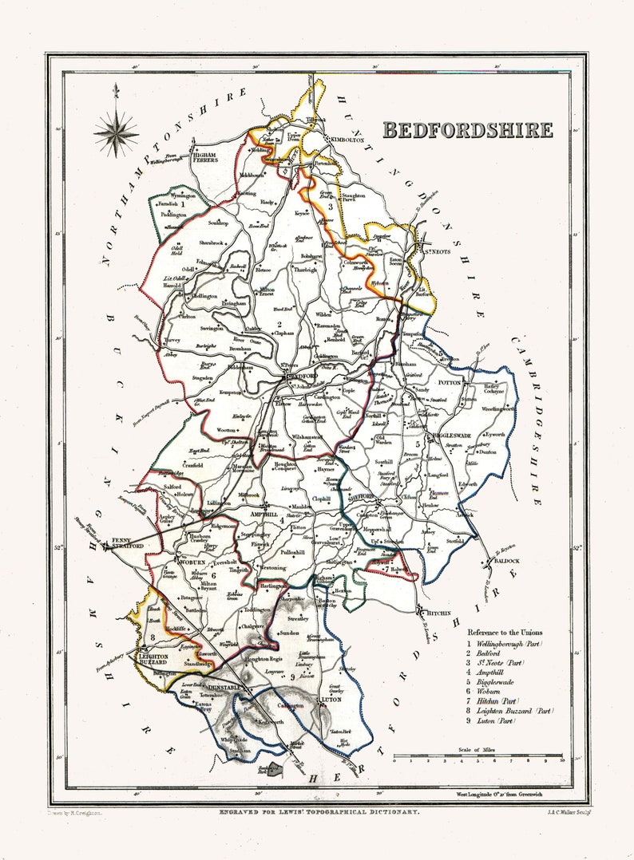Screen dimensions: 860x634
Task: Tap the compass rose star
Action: coord(116,132)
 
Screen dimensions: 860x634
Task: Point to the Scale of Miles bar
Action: coord(478,756)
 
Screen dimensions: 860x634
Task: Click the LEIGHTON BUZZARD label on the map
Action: coord(149,659)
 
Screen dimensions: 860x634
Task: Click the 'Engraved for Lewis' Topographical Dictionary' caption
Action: coord(319,812)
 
